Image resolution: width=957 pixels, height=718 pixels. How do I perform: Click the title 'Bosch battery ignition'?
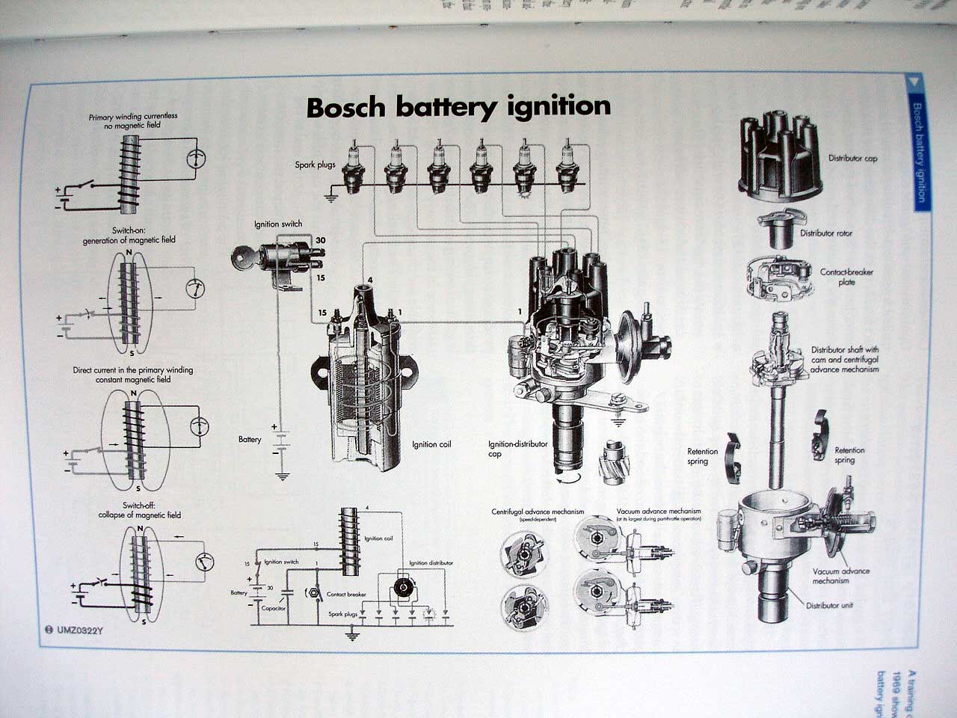pos(458,106)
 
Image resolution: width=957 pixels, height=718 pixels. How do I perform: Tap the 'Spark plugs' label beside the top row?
pos(315,165)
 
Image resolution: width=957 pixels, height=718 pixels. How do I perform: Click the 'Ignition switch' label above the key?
pos(277,224)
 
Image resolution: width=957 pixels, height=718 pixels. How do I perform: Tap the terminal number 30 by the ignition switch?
pos(320,240)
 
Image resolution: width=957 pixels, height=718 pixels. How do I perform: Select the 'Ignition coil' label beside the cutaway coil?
pos(431,444)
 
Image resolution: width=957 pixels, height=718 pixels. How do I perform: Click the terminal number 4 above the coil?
pos(369,280)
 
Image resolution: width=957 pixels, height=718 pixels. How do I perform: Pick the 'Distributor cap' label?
pos(852,159)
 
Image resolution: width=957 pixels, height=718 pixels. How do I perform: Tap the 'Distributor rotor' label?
pos(825,233)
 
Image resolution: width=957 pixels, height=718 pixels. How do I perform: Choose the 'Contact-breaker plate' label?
pos(846,277)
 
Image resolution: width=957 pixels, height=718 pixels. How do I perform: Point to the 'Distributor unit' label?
pos(829,605)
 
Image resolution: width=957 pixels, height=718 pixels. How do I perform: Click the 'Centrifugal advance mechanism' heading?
pos(538,512)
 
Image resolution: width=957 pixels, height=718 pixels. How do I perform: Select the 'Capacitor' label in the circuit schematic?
pos(274,608)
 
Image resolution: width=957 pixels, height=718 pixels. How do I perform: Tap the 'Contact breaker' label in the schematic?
pos(346,595)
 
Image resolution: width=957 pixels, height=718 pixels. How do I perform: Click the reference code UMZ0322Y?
pos(79,630)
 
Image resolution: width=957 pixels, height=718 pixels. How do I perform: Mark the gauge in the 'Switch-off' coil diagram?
pos(202,562)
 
